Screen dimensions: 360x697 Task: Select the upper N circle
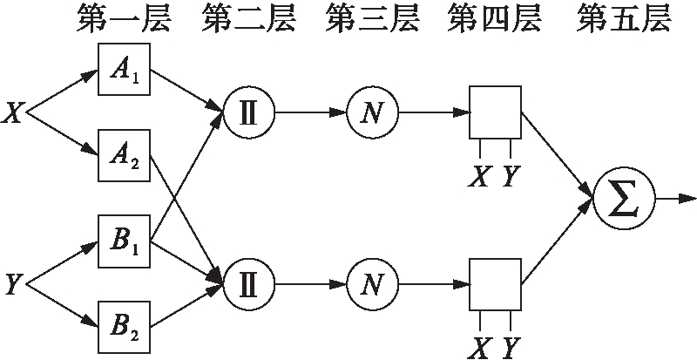[x=372, y=113]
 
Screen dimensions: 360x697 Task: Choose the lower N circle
[x=372, y=284]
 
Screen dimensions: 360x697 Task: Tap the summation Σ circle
[x=622, y=200]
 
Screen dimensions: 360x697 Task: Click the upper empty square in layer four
[x=496, y=112]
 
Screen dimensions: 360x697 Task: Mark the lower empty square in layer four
[x=496, y=283]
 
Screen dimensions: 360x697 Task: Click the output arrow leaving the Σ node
[x=675, y=200]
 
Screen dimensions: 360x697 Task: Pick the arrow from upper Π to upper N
[x=310, y=113]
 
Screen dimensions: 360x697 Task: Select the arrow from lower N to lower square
[x=434, y=284]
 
